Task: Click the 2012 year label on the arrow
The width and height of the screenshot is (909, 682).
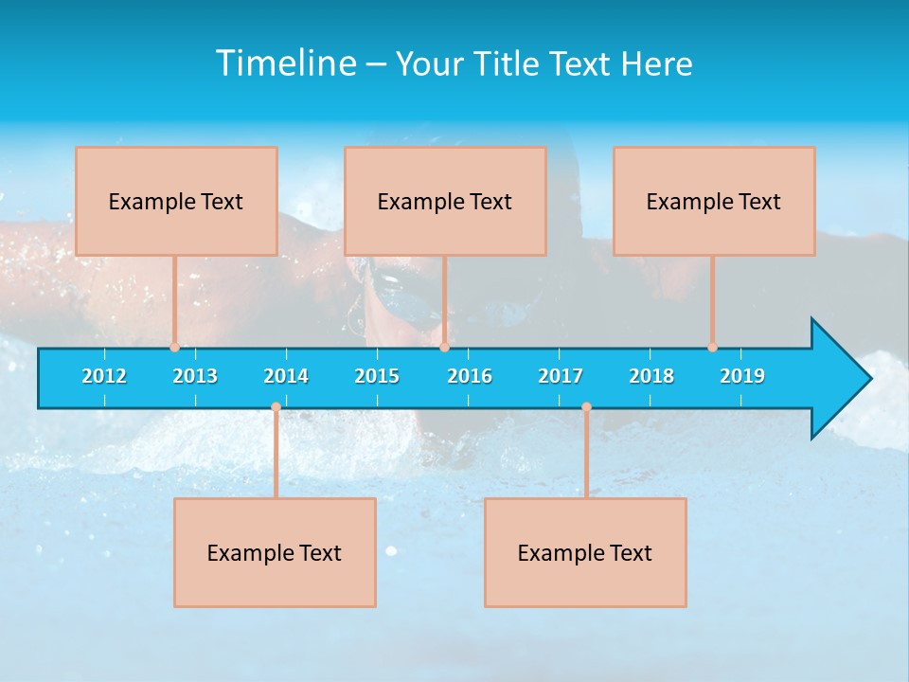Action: pyautogui.click(x=104, y=376)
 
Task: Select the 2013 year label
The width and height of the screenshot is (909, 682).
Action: pyautogui.click(x=195, y=376)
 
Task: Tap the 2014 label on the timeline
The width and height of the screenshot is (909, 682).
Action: pyautogui.click(x=286, y=376)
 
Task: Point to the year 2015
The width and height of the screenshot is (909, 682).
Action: pyautogui.click(x=377, y=376)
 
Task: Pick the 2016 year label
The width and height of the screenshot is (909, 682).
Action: pyautogui.click(x=470, y=376)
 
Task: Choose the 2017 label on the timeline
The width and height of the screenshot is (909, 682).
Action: pyautogui.click(x=561, y=376)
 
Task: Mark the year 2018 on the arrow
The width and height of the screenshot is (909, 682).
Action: pyautogui.click(x=651, y=376)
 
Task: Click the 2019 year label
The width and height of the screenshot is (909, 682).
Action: pyautogui.click(x=742, y=376)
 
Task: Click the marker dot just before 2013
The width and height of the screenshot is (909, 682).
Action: pyautogui.click(x=174, y=348)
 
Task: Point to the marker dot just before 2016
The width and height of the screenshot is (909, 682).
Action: pyautogui.click(x=444, y=348)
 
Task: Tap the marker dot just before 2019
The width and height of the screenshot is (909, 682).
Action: pyautogui.click(x=712, y=348)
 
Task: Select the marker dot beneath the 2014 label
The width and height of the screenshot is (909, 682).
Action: pyautogui.click(x=276, y=407)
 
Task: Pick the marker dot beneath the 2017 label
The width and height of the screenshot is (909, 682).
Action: pyautogui.click(x=586, y=407)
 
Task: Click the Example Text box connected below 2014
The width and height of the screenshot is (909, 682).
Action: pyautogui.click(x=275, y=552)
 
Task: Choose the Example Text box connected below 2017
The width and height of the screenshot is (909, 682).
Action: pyautogui.click(x=585, y=552)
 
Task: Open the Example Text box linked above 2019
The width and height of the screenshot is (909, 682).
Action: pyautogui.click(x=714, y=201)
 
